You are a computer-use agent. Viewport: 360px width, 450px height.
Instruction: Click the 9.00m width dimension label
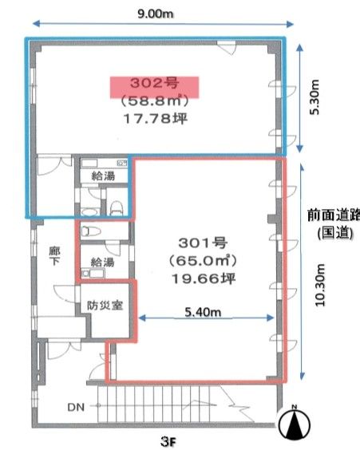pos(156,14)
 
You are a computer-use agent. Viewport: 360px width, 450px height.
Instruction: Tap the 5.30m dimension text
pos(315,97)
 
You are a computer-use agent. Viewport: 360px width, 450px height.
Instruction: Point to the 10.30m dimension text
pos(320,286)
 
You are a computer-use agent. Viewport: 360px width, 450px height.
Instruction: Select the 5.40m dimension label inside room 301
pos(203,312)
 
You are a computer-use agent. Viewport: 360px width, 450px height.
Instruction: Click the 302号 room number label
pos(154,83)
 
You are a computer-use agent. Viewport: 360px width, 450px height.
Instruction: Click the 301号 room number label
pos(203,243)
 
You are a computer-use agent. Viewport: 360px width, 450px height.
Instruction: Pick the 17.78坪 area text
pos(156,118)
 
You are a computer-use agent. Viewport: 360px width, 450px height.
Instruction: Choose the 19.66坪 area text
pos(204,278)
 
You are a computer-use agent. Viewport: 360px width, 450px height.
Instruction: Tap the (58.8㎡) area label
pos(154,101)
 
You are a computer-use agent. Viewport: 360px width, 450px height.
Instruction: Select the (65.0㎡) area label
pos(203,261)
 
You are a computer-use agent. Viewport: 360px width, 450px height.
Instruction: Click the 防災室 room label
pos(105,306)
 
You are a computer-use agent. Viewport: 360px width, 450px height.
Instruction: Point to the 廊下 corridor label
pos(54,256)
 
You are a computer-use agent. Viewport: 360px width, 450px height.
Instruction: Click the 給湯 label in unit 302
pos(103,176)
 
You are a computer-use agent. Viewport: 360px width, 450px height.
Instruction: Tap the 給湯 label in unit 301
pos(102,262)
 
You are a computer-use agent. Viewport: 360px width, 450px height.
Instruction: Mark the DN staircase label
pos(76,407)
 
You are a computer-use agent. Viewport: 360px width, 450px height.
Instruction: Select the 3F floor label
pos(168,442)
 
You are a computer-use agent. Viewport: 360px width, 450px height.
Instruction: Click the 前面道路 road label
pos(334,215)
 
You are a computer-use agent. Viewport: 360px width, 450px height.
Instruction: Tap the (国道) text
pos(335,232)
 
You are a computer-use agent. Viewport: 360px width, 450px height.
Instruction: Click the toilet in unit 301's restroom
pos(91,231)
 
